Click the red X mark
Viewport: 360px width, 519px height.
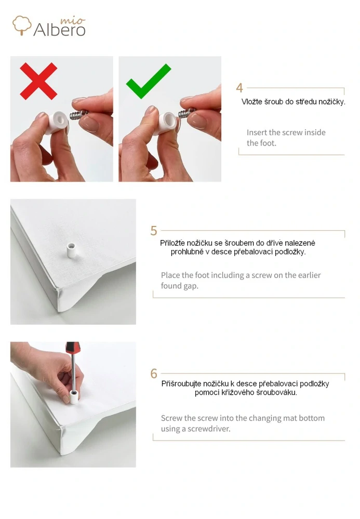click(x=38, y=81)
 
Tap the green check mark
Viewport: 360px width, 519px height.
click(x=149, y=82)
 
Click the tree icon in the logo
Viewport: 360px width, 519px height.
click(x=22, y=25)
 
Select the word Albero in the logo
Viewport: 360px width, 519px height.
click(x=60, y=30)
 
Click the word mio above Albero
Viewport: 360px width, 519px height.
click(x=73, y=21)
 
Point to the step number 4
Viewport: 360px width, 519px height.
click(x=239, y=88)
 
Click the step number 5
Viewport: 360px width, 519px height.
click(x=154, y=231)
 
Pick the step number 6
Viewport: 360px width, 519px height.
click(x=154, y=374)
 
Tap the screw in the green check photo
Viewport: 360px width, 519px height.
click(x=187, y=113)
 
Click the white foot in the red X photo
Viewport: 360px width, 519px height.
click(x=57, y=122)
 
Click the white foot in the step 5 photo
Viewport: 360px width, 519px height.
click(x=71, y=250)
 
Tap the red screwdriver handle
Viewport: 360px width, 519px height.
click(x=72, y=348)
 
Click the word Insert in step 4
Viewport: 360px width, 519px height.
click(x=257, y=132)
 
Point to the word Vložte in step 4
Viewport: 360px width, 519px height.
click(x=252, y=102)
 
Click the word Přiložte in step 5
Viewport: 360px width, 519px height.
click(x=172, y=243)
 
